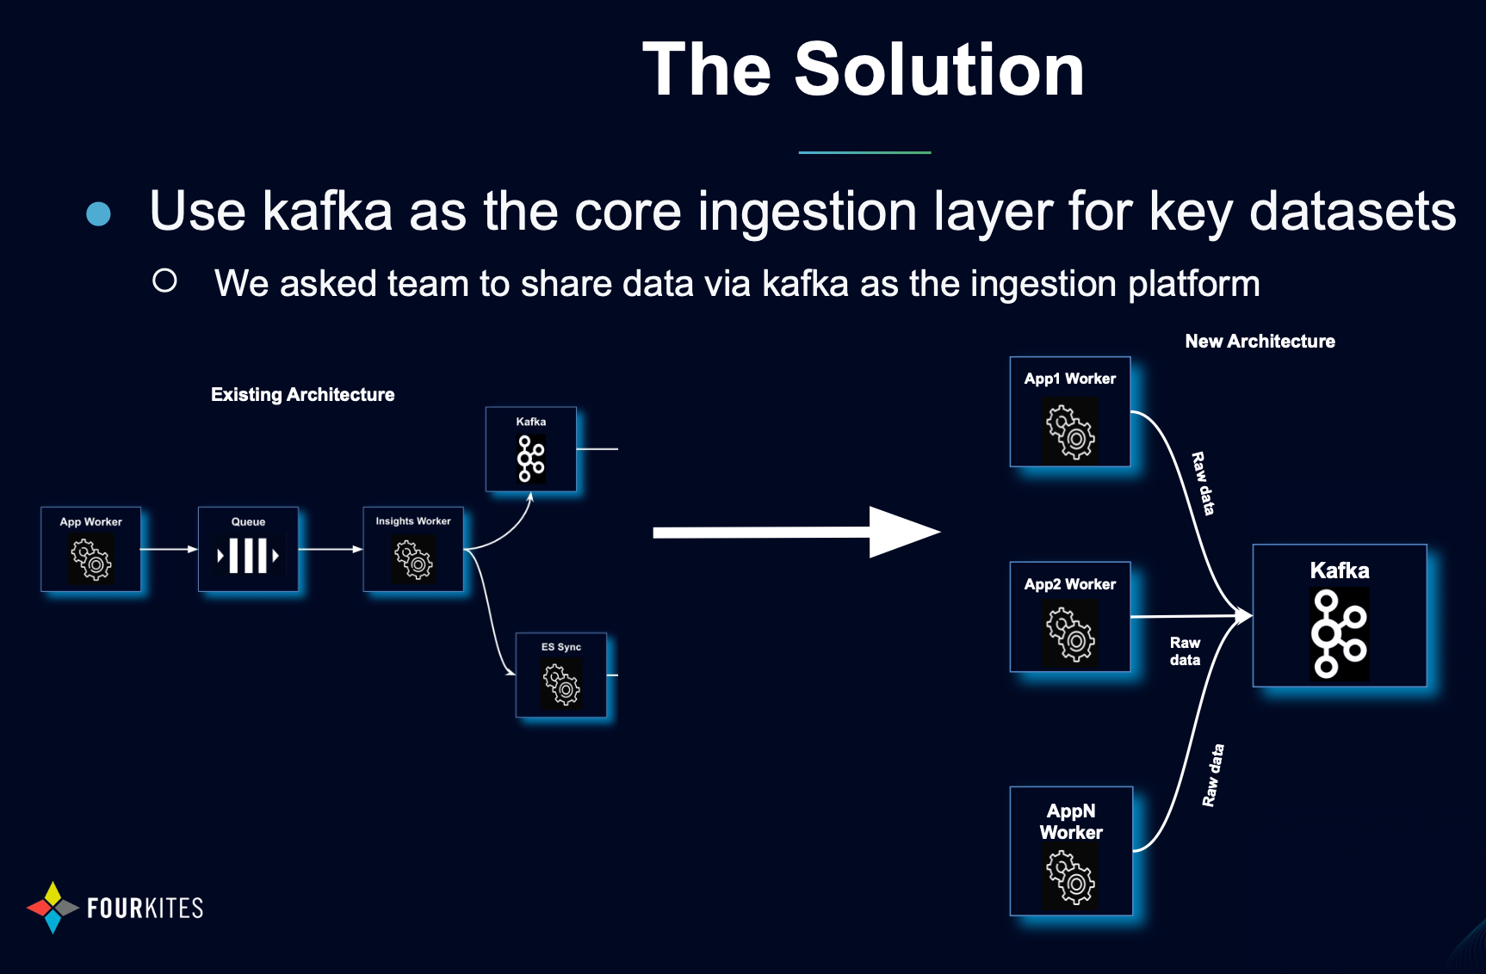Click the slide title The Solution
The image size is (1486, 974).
tap(863, 70)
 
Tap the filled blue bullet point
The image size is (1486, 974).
tap(99, 214)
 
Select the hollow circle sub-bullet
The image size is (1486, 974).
tap(164, 280)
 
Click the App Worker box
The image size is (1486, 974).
tap(90, 549)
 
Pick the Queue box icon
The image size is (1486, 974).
tap(248, 556)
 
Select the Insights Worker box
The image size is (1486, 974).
tap(413, 549)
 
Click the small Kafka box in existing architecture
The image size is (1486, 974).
tap(530, 449)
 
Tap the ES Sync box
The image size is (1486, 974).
tap(561, 675)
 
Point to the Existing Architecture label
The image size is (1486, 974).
tap(302, 395)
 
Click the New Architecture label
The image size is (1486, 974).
tap(1260, 342)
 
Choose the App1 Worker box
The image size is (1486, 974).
tap(1070, 412)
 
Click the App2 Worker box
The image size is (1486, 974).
tap(1070, 617)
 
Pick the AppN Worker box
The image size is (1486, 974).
tap(1071, 851)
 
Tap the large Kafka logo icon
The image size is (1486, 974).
tap(1340, 634)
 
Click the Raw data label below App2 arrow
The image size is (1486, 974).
tap(1185, 651)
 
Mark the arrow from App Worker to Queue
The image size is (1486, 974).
tap(169, 549)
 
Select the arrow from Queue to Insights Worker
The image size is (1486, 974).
tap(331, 549)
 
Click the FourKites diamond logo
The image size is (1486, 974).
tap(53, 908)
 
